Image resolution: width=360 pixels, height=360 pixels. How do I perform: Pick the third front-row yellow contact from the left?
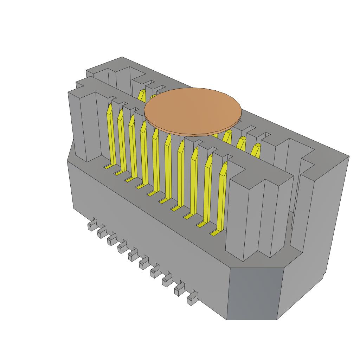click(x=133, y=148)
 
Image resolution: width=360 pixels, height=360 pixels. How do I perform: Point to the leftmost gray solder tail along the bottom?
click(x=92, y=225)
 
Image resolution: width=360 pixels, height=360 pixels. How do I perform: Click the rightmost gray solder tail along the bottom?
click(x=192, y=299)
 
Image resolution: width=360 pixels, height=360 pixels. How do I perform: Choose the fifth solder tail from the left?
click(x=133, y=255)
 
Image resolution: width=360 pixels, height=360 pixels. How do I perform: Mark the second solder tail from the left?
click(x=102, y=232)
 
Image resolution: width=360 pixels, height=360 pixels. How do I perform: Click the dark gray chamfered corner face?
click(x=255, y=294)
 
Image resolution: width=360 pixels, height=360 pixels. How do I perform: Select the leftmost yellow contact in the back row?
click(x=141, y=95)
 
